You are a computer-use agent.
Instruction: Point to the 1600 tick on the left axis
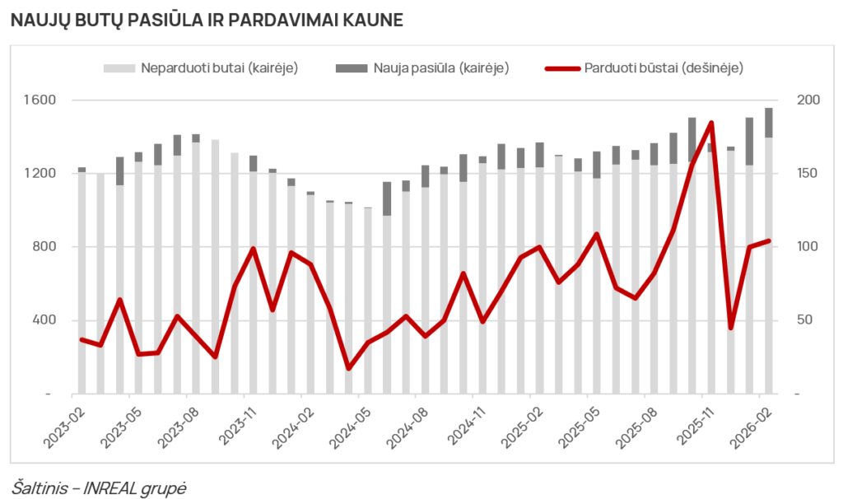39,100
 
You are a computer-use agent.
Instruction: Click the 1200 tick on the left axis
39,174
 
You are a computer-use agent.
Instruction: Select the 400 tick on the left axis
42,320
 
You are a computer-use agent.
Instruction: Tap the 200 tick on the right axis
809,100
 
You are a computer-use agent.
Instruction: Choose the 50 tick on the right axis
806,320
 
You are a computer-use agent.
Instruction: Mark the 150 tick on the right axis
809,174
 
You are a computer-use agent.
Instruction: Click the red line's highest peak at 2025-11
711,124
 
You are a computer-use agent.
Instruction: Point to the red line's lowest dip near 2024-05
348,368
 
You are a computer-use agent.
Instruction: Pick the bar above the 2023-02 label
82,280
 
